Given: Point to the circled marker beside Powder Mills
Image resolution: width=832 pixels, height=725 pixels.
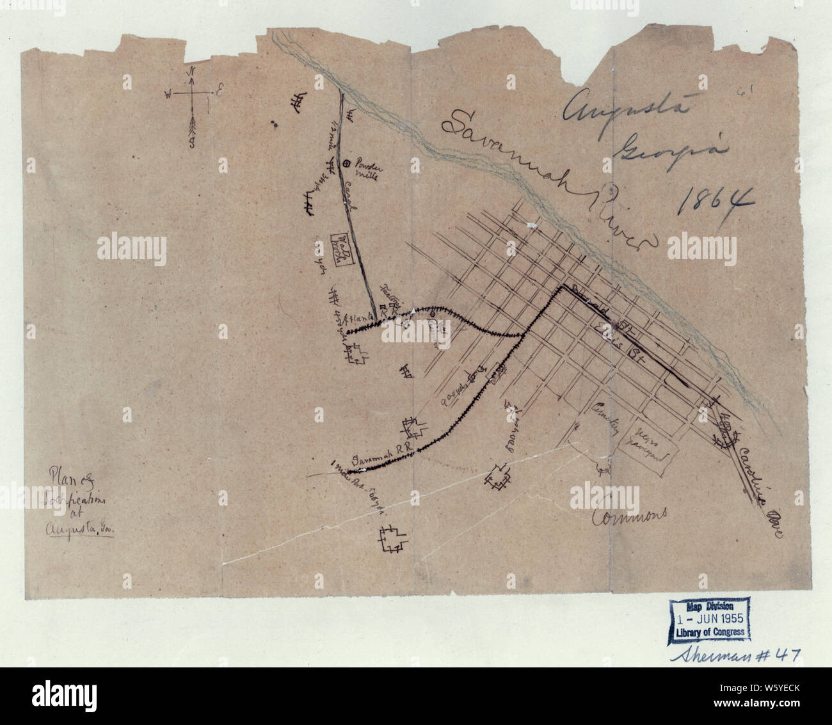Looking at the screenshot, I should pyautogui.click(x=346, y=164).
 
